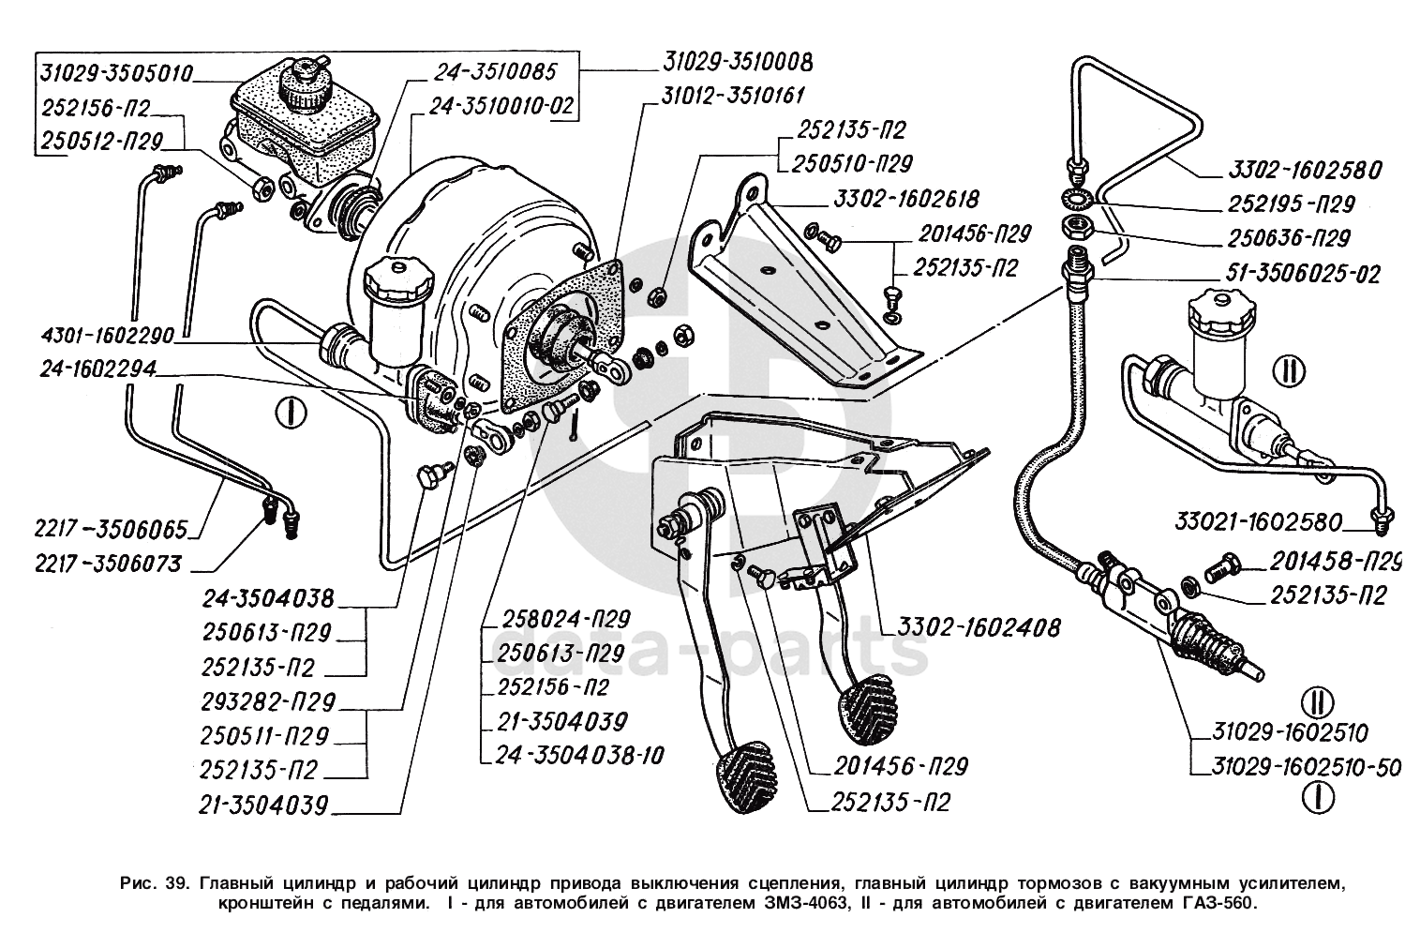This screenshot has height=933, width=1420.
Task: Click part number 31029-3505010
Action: coord(116,72)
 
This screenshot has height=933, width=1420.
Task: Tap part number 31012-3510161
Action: coord(733,95)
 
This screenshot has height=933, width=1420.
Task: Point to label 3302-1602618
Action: coord(902,199)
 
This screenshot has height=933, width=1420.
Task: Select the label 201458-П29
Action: coord(1334,562)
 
